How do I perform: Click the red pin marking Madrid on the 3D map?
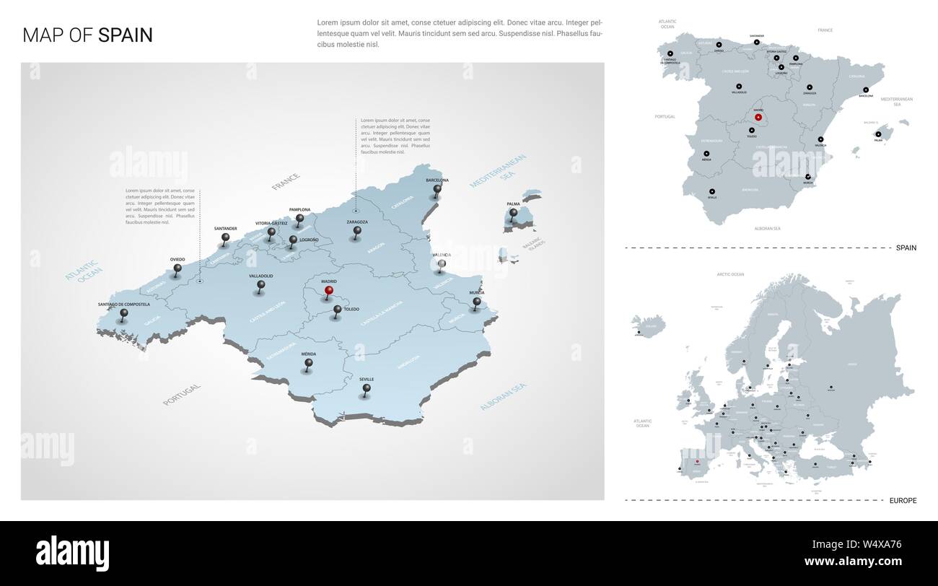click(328, 291)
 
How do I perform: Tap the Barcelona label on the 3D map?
click(437, 180)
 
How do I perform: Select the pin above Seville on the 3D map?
click(367, 389)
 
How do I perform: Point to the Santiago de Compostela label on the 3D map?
click(124, 305)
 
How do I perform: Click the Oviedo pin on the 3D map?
click(177, 269)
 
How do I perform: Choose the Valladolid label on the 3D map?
click(260, 276)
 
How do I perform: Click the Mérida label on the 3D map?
click(308, 354)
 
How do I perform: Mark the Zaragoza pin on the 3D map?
click(357, 232)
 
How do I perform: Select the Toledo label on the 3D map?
click(351, 309)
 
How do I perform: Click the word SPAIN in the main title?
click(126, 35)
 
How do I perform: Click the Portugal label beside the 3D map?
click(182, 394)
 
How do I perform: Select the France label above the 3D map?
click(285, 181)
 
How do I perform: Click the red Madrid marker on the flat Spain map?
click(758, 117)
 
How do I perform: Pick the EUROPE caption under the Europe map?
click(902, 500)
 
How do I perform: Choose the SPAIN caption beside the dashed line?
click(906, 248)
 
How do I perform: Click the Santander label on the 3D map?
click(226, 229)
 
